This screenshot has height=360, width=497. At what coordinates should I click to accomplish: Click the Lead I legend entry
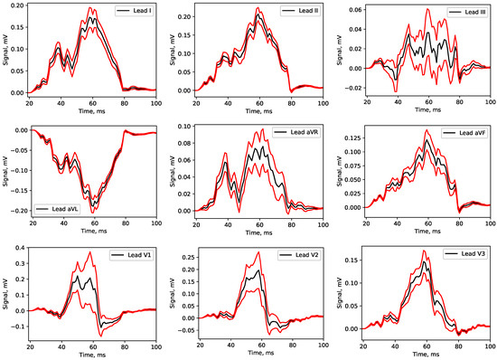136,14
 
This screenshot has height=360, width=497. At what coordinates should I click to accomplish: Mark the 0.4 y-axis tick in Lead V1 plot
20,247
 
